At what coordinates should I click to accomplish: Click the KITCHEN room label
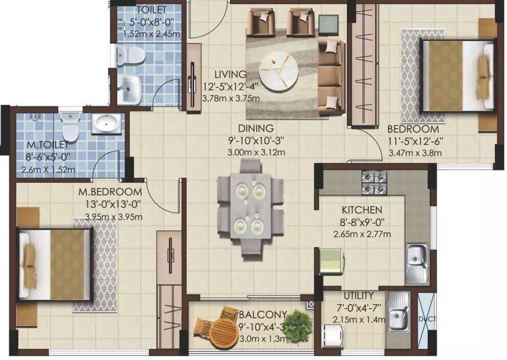coord(362,210)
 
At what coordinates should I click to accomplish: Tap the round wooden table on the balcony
coord(224,333)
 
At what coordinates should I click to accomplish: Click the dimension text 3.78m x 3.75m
coord(231,98)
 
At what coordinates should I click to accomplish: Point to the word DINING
coord(256,128)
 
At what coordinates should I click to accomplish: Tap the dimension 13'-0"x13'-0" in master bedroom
coord(109,204)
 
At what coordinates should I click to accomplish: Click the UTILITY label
coord(358,296)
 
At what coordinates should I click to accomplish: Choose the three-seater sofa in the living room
coord(331,77)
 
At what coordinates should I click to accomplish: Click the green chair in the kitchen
coord(331,261)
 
